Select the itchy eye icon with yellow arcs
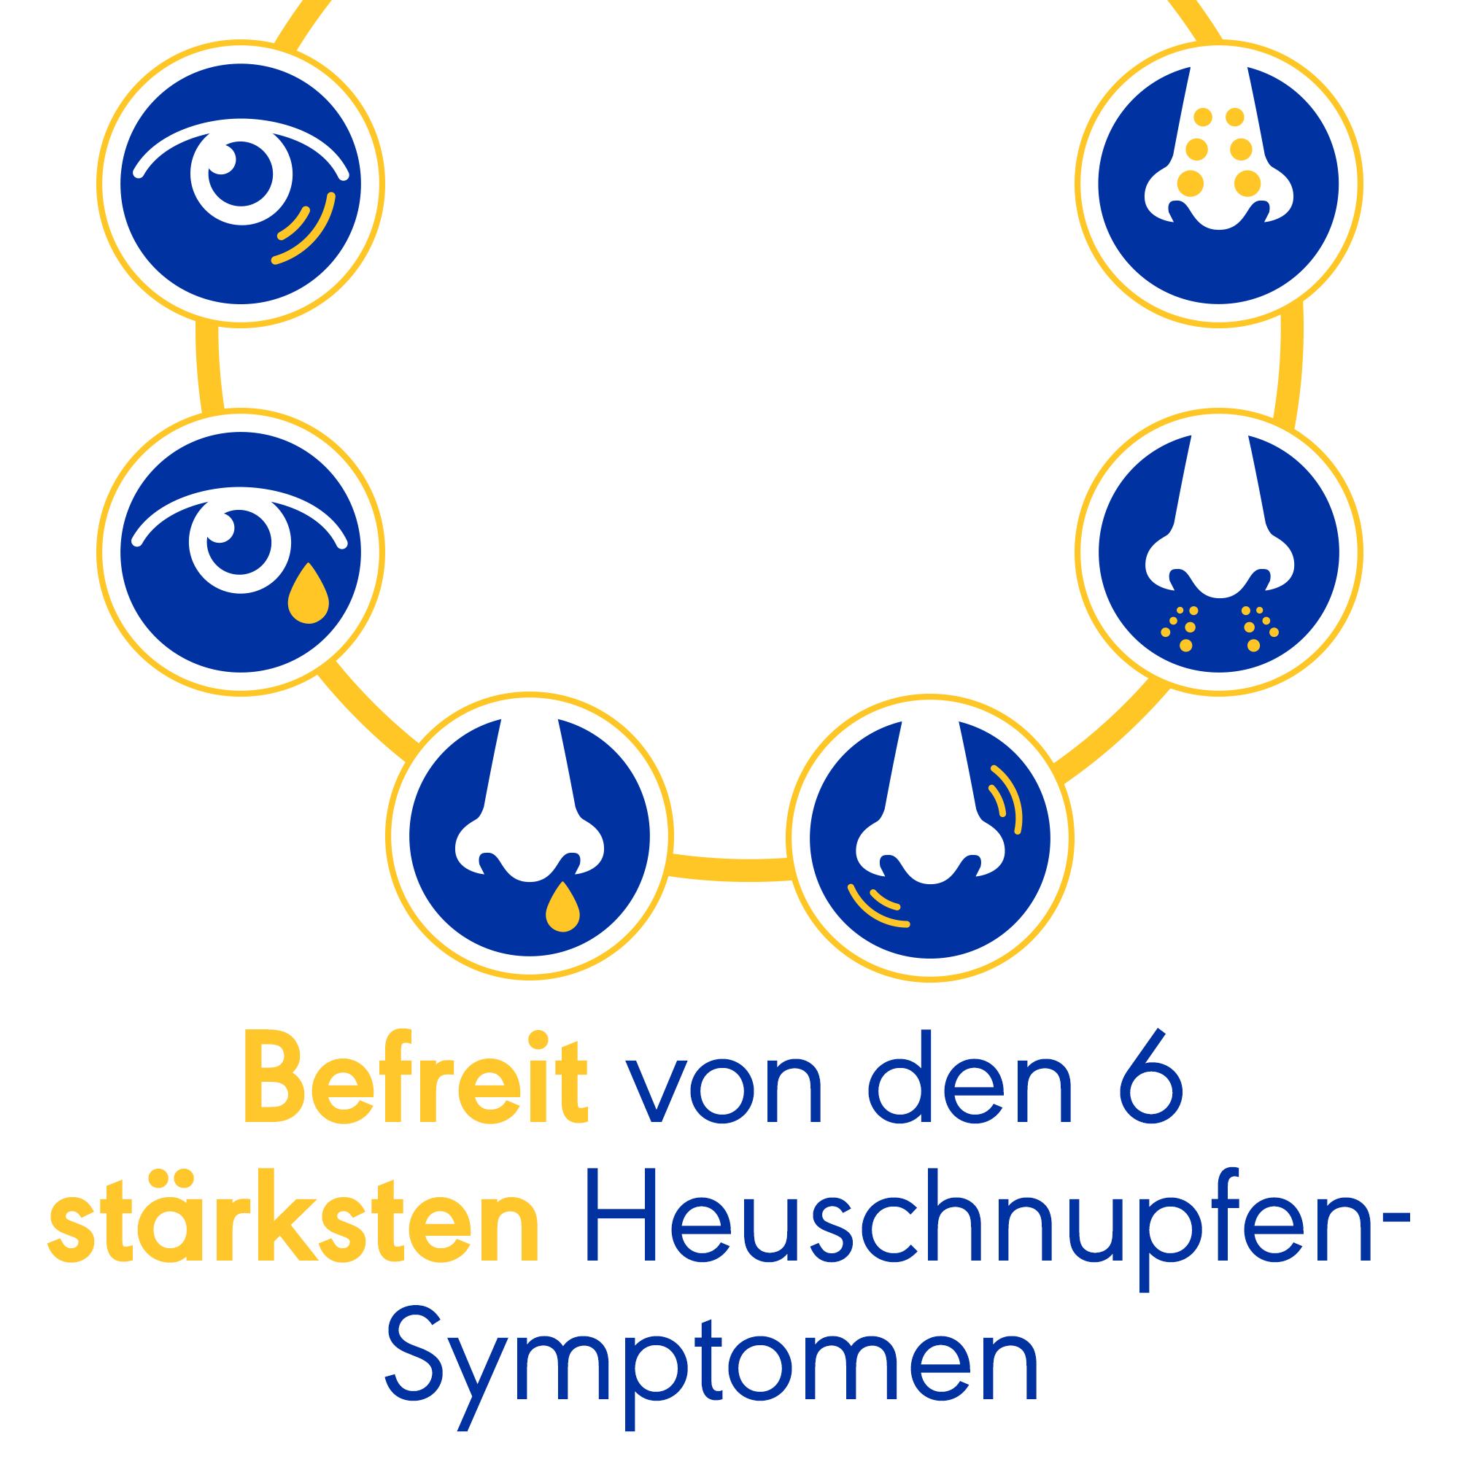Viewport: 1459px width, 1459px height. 241,185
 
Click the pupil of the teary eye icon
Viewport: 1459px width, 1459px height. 239,542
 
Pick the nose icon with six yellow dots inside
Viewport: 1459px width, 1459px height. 1218,185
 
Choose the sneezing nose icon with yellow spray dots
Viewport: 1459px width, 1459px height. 1218,552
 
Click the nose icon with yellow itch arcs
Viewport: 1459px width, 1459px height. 929,838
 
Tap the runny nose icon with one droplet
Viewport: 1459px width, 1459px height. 530,836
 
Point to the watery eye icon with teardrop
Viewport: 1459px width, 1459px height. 241,552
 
